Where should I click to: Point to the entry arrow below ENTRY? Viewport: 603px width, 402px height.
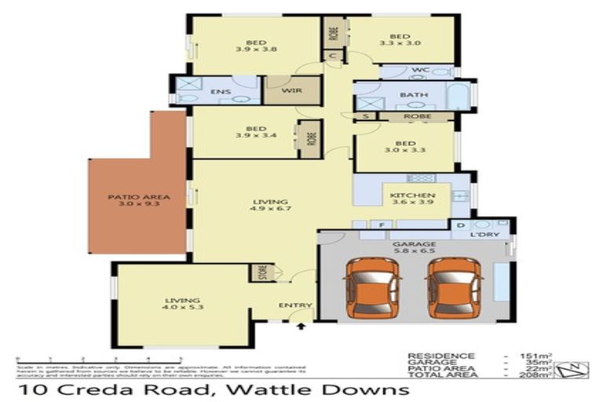[300, 324]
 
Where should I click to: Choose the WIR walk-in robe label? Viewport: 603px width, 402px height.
[291, 90]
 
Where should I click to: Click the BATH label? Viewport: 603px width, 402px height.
[413, 95]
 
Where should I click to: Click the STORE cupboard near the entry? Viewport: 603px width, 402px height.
[262, 273]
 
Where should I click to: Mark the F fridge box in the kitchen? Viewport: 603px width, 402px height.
[382, 225]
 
